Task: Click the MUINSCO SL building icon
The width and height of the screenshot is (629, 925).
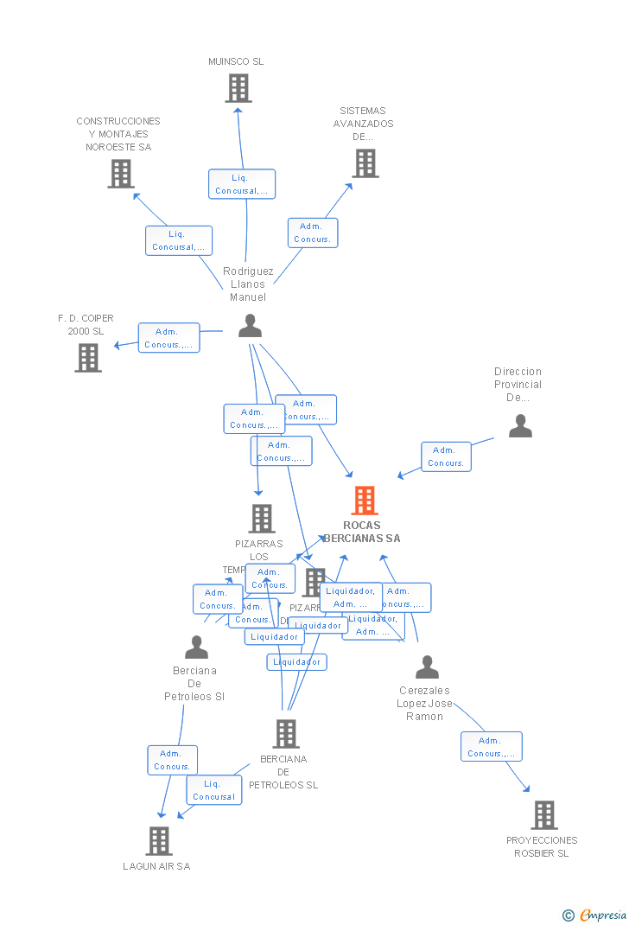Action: tap(238, 88)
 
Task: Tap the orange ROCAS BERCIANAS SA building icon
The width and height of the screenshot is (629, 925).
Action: tap(365, 501)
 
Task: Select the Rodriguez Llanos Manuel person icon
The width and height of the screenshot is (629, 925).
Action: tap(250, 326)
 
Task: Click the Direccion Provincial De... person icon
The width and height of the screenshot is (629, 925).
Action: tap(520, 426)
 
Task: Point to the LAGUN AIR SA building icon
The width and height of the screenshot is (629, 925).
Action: tap(158, 840)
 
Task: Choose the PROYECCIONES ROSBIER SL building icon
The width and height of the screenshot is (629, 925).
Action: tap(543, 814)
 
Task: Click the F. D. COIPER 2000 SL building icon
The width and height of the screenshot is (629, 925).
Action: tap(88, 357)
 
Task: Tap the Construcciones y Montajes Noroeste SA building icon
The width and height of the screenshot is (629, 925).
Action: tap(121, 174)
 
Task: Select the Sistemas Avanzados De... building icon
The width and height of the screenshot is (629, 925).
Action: tap(365, 163)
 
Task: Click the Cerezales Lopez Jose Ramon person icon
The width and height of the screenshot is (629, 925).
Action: tap(427, 667)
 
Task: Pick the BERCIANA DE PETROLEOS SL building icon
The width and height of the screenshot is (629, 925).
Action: tap(286, 734)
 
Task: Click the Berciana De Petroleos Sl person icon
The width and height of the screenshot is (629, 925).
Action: tap(196, 647)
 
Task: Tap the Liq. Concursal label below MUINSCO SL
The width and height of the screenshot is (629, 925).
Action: tap(242, 184)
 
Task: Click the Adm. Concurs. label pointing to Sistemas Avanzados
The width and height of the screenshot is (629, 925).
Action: tap(312, 233)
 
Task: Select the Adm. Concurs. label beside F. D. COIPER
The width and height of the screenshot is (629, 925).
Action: tap(168, 338)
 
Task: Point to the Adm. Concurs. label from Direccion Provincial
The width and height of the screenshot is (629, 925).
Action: tap(446, 456)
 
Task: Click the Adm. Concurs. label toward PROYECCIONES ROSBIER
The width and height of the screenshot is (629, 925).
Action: tap(491, 747)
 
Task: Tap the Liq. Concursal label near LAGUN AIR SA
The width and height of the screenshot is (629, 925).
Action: tap(214, 790)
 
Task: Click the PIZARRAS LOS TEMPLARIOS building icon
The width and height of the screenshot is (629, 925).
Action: tap(262, 519)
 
